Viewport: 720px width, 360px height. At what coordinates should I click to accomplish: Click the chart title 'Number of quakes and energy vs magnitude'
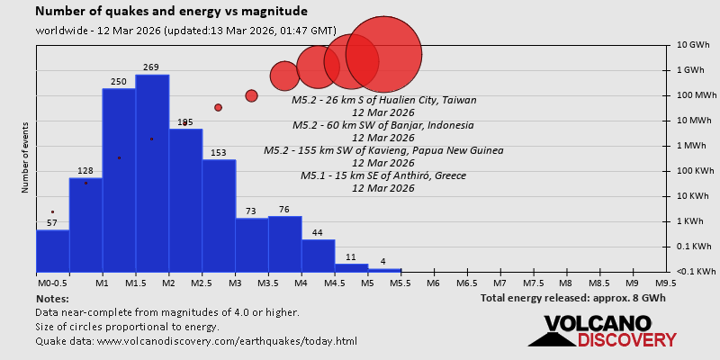coord(171,12)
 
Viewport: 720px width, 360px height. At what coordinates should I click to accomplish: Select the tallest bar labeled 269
coord(152,171)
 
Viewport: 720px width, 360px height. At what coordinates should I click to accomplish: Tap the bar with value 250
coord(119,180)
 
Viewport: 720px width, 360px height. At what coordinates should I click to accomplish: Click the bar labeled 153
coord(219,216)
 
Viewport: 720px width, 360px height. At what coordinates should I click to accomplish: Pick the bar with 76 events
coord(284,244)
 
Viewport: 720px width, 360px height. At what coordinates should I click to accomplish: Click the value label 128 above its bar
coord(85,171)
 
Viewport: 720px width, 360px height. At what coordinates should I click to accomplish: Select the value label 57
coord(52,222)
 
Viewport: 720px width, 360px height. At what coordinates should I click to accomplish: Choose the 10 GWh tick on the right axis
coord(694,45)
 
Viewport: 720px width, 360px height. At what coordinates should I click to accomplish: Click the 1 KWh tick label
coord(692,221)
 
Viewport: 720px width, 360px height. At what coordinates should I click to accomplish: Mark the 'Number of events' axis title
coord(25,161)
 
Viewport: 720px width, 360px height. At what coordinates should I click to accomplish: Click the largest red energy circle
coord(384,54)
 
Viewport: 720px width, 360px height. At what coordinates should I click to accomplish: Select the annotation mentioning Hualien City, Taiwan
coord(384,100)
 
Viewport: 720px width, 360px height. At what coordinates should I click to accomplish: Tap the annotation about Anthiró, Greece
coord(384,175)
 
